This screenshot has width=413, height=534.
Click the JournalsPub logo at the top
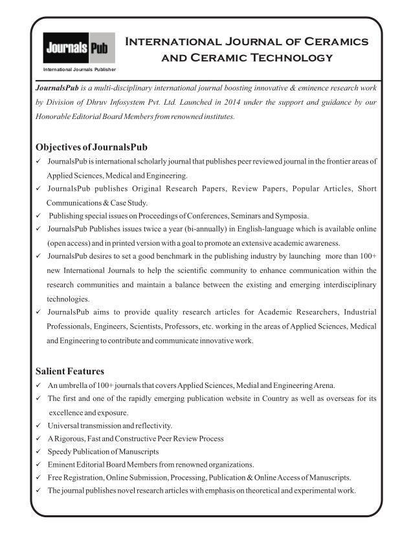[78, 47]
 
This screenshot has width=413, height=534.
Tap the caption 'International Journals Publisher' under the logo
[79, 67]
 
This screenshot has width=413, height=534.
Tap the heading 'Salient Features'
[70, 371]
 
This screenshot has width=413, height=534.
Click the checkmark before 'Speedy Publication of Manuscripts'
[39, 451]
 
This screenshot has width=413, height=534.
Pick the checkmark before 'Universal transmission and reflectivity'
[39, 425]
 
